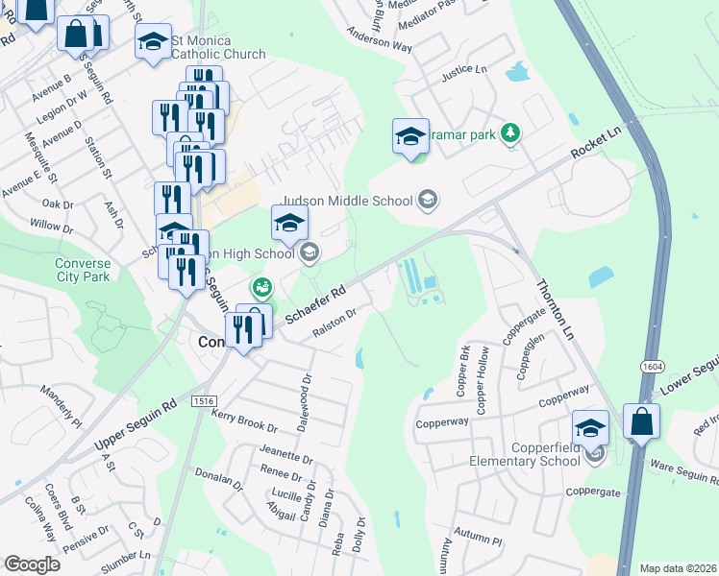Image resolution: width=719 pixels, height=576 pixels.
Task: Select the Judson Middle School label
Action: [346, 201]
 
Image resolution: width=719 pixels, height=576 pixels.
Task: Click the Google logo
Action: [32, 564]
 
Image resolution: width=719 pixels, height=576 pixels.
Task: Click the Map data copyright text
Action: [678, 568]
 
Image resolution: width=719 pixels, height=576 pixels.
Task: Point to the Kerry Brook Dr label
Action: [244, 420]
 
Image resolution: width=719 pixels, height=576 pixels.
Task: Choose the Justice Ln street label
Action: [464, 71]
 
